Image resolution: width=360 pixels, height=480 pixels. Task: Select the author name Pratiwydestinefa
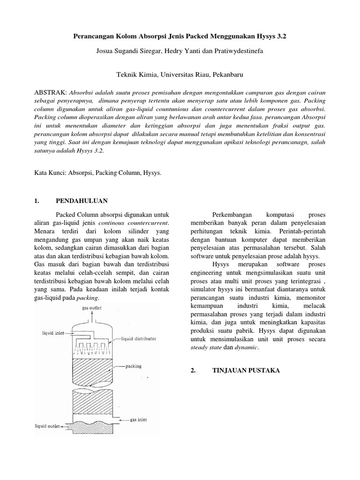[238, 52]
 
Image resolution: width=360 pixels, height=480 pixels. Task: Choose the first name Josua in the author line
[105, 52]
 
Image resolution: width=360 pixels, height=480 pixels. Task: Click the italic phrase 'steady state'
[207, 348]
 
